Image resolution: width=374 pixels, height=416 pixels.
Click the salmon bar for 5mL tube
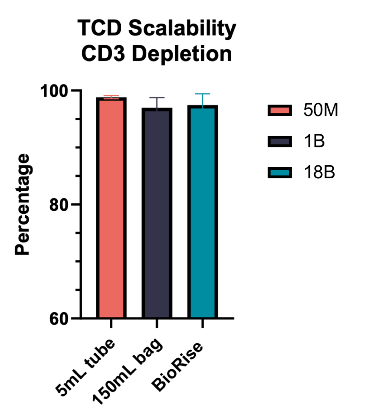(x=111, y=207)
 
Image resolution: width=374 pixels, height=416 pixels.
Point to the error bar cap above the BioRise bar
(x=202, y=94)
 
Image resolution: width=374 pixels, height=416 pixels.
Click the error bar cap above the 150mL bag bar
(x=157, y=98)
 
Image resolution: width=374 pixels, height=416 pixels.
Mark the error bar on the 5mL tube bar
(x=111, y=96)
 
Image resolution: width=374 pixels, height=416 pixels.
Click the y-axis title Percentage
(x=23, y=204)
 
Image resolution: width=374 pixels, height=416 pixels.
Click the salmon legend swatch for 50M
(x=280, y=110)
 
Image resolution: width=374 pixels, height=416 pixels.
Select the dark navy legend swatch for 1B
(x=280, y=141)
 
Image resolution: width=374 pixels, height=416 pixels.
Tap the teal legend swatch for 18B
(x=280, y=172)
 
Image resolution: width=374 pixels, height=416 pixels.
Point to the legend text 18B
(x=319, y=172)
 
